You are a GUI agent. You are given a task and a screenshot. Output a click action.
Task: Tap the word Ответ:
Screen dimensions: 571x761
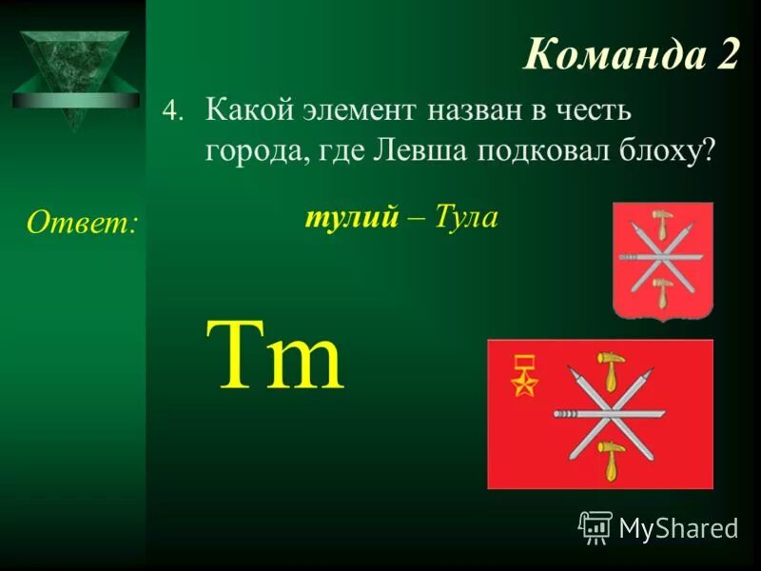(82, 223)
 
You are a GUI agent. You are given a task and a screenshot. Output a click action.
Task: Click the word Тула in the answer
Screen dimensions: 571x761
(467, 218)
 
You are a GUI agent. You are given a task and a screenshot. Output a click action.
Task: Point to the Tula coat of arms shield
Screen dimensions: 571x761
(662, 261)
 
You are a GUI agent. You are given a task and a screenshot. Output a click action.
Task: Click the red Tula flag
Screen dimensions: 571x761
(599, 414)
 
